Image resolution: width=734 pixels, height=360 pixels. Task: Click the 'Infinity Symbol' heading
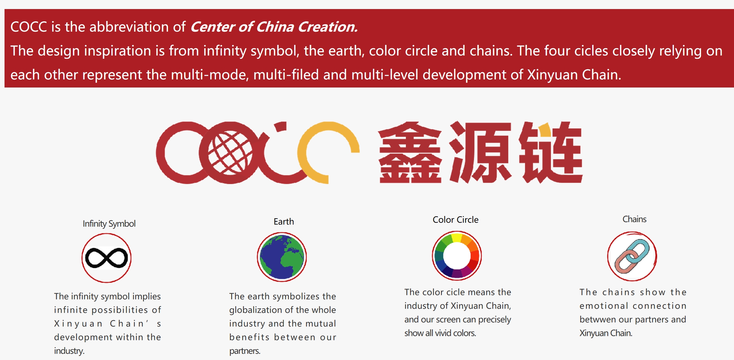[109, 224]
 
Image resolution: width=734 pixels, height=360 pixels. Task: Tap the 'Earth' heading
[284, 221]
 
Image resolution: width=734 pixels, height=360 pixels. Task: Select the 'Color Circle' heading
[455, 220]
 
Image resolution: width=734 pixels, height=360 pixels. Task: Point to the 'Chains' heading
[634, 219]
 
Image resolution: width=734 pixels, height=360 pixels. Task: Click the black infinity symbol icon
[107, 258]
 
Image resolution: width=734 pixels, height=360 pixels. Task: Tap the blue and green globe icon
[282, 257]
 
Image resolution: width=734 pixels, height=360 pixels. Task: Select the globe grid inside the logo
[230, 153]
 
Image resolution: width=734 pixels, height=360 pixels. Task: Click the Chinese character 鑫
[410, 152]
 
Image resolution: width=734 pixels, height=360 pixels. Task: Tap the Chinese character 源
[481, 152]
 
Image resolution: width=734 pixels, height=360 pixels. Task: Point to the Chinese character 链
[551, 152]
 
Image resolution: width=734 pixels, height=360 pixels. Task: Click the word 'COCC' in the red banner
[29, 27]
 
